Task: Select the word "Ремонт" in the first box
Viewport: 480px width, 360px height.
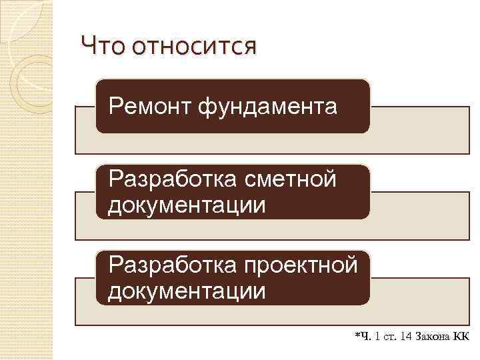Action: coord(149,106)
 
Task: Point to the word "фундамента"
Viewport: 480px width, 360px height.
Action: coord(267,106)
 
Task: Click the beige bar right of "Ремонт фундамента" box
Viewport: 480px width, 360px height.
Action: coord(420,131)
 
